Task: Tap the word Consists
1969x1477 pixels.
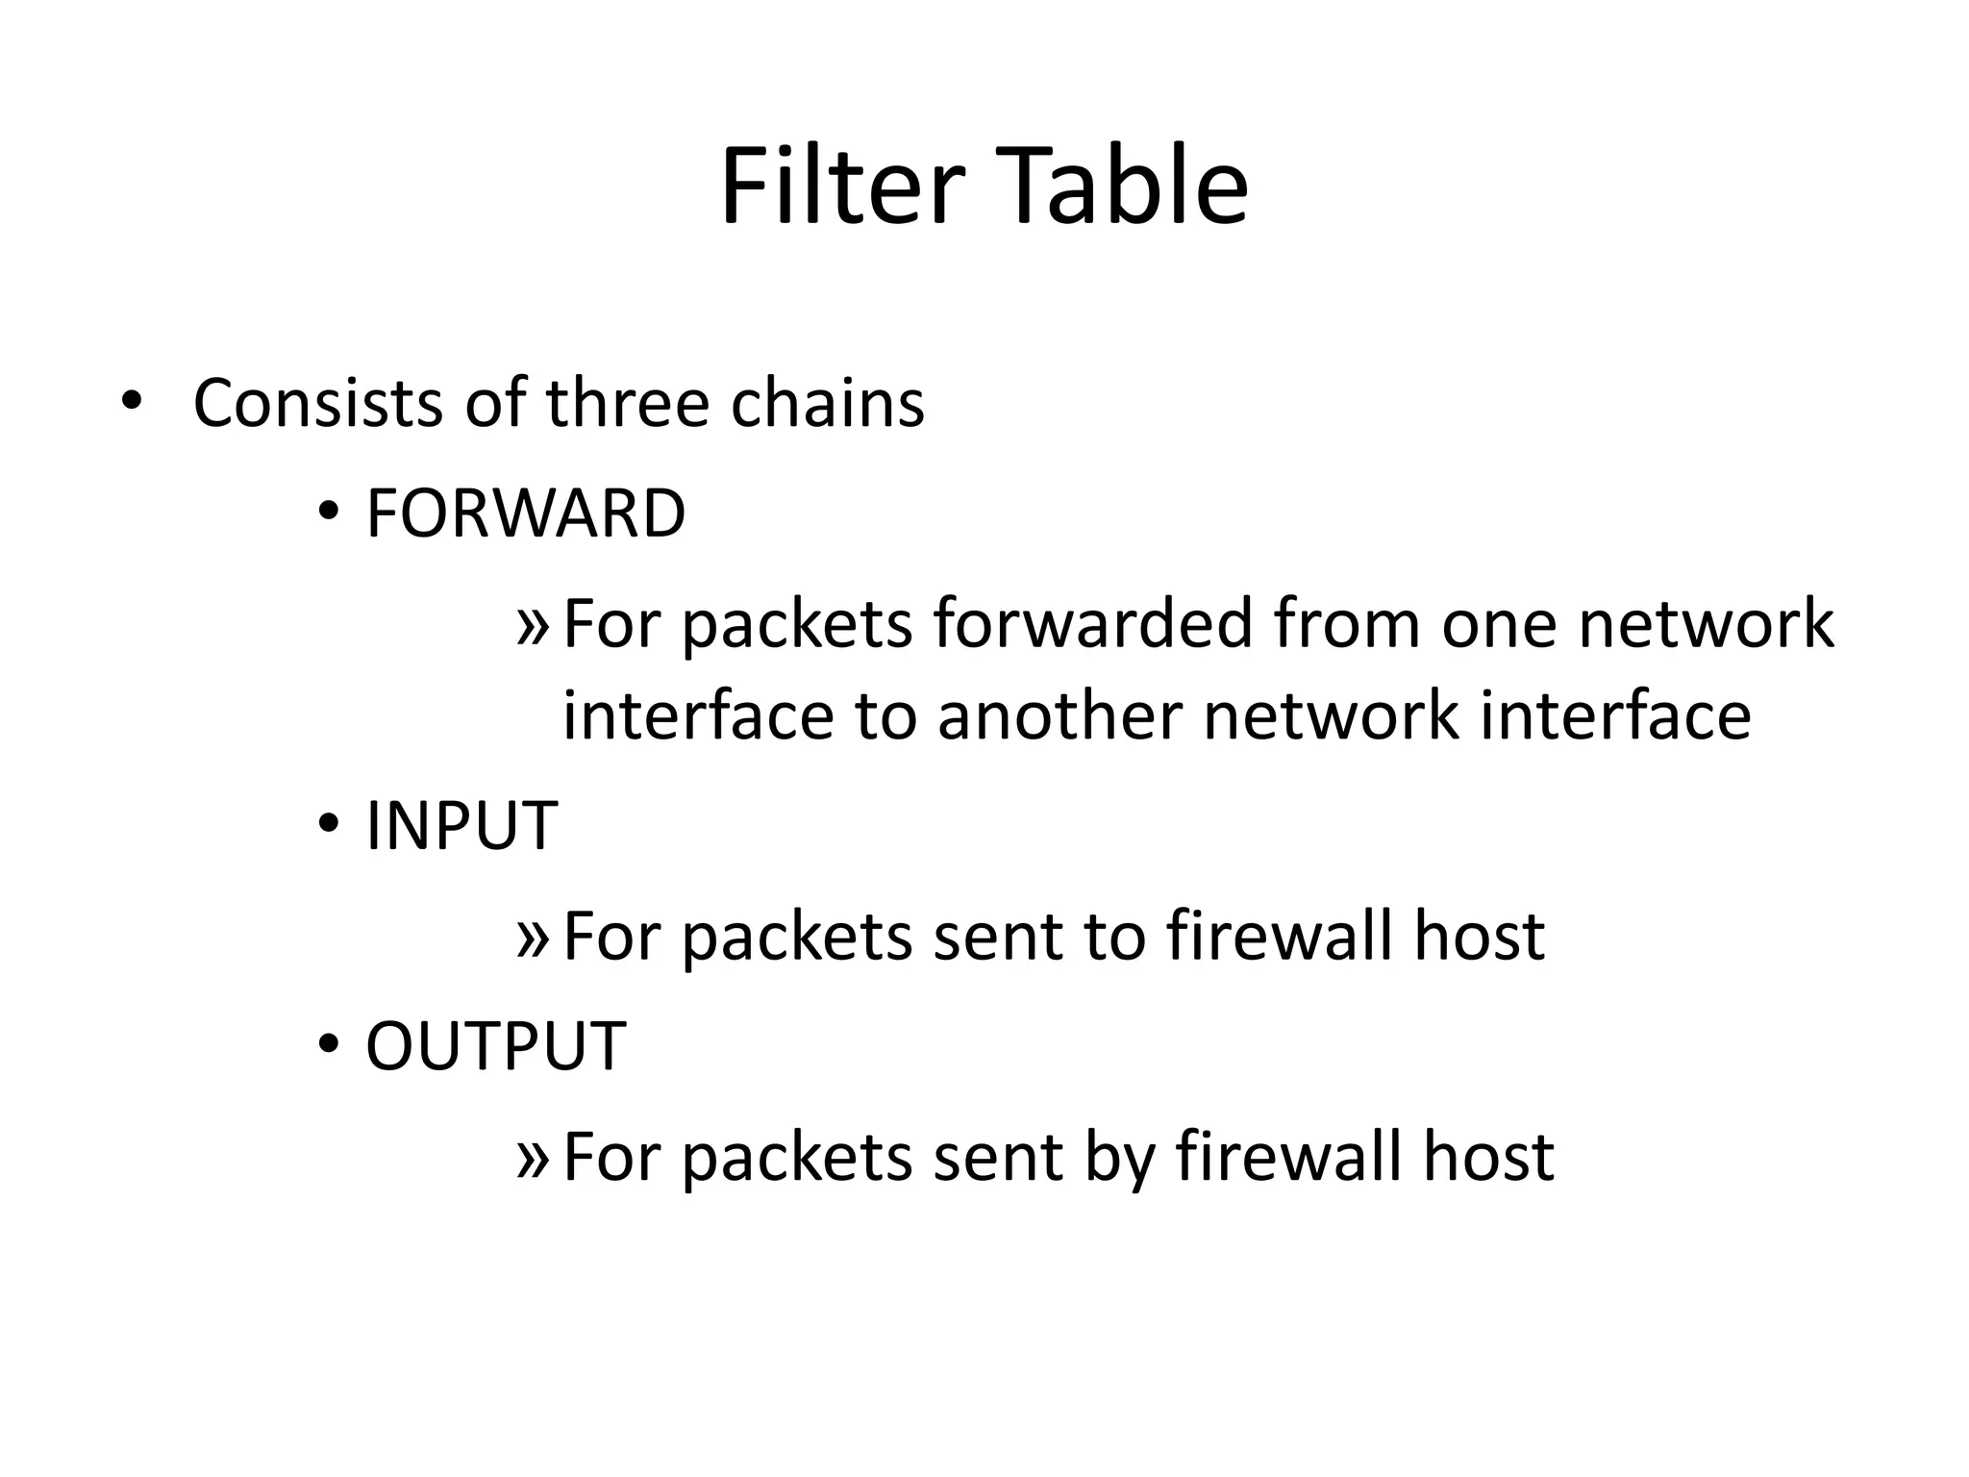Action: [317, 403]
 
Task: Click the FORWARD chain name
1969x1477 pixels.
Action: [526, 513]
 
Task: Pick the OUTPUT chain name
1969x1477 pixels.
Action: [496, 1045]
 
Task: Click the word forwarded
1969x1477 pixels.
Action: [1092, 623]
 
